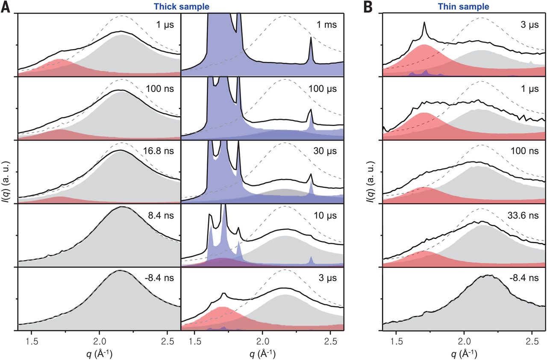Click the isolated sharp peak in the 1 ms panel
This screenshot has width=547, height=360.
pyautogui.click(x=311, y=41)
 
